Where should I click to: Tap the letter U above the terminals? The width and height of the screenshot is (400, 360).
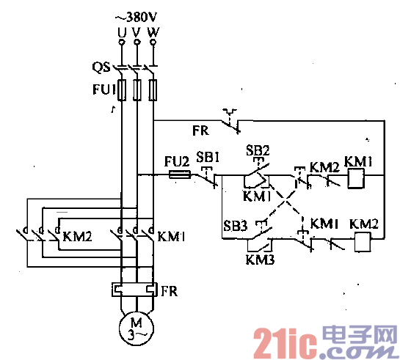pyautogui.click(x=121, y=32)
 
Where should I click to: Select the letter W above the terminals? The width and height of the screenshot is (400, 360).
pyautogui.click(x=153, y=32)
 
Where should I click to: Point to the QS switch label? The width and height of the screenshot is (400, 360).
pyautogui.click(x=101, y=67)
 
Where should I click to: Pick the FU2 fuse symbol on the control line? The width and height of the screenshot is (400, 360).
pyautogui.click(x=180, y=175)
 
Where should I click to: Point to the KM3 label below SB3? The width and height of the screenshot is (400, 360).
pyautogui.click(x=258, y=259)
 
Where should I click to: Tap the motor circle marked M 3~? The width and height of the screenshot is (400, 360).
pyautogui.click(x=137, y=327)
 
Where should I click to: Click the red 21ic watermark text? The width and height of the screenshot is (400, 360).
pyautogui.click(x=281, y=341)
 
